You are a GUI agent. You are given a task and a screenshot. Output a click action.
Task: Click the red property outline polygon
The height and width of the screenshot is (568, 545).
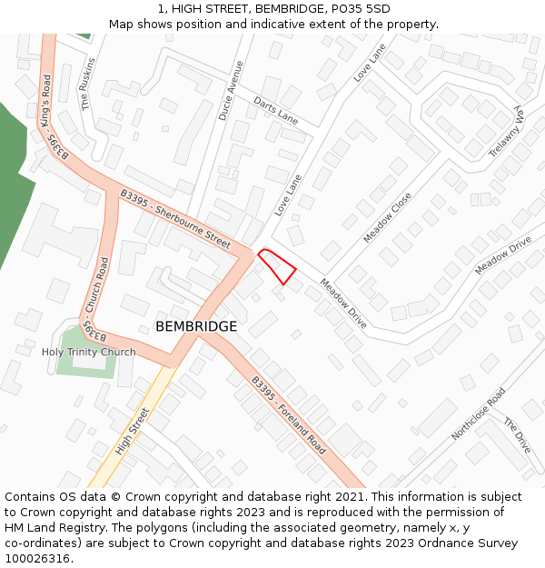click(278, 266)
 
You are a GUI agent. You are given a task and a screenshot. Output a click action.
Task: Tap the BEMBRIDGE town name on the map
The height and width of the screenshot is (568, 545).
click(196, 326)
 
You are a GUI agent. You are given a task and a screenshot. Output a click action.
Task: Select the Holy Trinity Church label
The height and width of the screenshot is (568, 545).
click(89, 352)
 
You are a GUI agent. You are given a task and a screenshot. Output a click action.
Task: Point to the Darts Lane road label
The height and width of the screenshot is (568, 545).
click(275, 110)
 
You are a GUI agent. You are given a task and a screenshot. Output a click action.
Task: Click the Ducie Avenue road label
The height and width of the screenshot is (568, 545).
click(231, 91)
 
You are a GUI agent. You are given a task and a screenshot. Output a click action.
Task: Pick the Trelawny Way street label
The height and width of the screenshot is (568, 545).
click(508, 132)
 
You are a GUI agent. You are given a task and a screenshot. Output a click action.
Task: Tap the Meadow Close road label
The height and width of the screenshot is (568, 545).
click(388, 217)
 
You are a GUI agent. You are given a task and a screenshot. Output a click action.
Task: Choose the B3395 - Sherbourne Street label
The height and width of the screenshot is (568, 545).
click(175, 219)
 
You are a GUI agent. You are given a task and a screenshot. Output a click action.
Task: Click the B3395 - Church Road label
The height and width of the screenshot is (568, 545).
click(94, 296)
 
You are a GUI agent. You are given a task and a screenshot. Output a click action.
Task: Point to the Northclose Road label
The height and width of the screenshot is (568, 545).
click(478, 414)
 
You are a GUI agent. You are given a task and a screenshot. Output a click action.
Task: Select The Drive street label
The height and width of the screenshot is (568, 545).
click(517, 436)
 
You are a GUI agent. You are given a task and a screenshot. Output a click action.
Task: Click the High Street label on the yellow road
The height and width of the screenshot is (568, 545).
click(133, 431)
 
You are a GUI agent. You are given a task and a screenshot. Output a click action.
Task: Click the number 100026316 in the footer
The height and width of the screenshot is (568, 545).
click(36, 559)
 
